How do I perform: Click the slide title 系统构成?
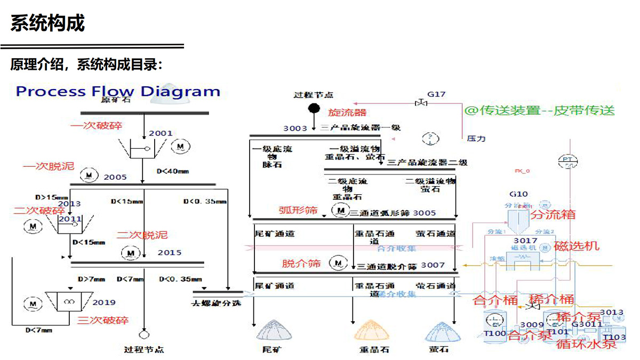[47, 24]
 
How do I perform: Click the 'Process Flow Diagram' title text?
[118, 91]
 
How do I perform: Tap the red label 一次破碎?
[97, 126]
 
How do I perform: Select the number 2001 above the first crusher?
[161, 133]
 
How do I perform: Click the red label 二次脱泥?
[142, 235]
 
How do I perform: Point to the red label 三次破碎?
[103, 321]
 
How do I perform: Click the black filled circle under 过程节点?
[314, 109]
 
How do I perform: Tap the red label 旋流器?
[347, 113]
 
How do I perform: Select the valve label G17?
[436, 94]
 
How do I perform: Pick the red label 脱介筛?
[301, 263]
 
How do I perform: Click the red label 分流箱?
[553, 214]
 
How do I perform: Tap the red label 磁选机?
[577, 246]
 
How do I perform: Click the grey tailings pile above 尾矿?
[274, 331]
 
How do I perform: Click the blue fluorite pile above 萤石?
[442, 331]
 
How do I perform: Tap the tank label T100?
[494, 334]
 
